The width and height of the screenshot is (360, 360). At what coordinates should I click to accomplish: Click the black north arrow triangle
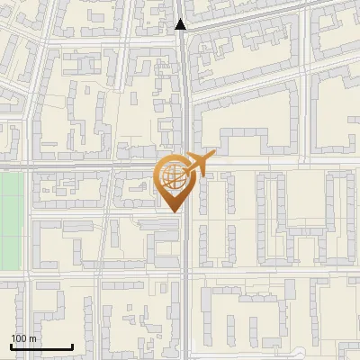point(181,24)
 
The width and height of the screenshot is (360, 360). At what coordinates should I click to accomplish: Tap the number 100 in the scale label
point(19,338)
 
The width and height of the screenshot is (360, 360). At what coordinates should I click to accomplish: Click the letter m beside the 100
point(32,338)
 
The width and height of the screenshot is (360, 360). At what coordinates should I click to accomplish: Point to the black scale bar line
point(41,347)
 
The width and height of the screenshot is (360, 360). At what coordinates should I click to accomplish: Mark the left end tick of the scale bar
point(11,346)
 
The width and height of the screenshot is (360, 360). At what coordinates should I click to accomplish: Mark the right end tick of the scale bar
point(72,346)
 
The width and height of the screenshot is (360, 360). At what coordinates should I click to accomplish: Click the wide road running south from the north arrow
point(184,90)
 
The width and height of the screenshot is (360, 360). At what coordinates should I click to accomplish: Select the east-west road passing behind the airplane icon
point(270,166)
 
